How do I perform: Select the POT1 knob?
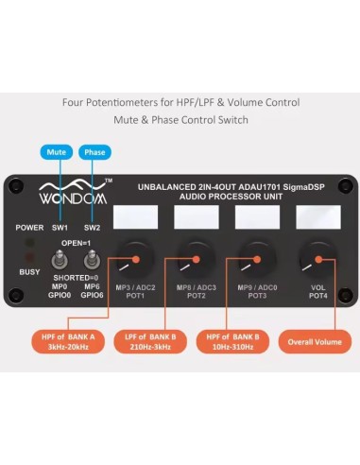click(134, 256)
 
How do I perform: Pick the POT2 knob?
click(196, 255)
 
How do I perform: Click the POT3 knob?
click(256, 255)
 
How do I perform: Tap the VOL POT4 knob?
click(315, 255)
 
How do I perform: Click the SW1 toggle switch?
click(56, 260)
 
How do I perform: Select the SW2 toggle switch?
click(92, 260)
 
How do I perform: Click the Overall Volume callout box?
click(316, 343)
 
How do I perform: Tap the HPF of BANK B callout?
click(235, 343)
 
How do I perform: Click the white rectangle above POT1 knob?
click(135, 218)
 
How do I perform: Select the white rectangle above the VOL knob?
click(317, 218)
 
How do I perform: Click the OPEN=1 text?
click(76, 241)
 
